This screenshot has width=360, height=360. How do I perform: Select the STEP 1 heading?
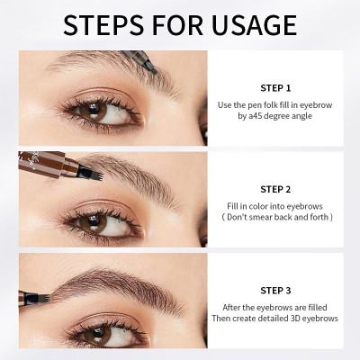pos(275,88)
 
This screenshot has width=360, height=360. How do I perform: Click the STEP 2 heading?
pos(275,189)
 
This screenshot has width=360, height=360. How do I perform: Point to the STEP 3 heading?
pos(275,290)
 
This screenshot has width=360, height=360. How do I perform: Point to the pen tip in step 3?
pos(37,294)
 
